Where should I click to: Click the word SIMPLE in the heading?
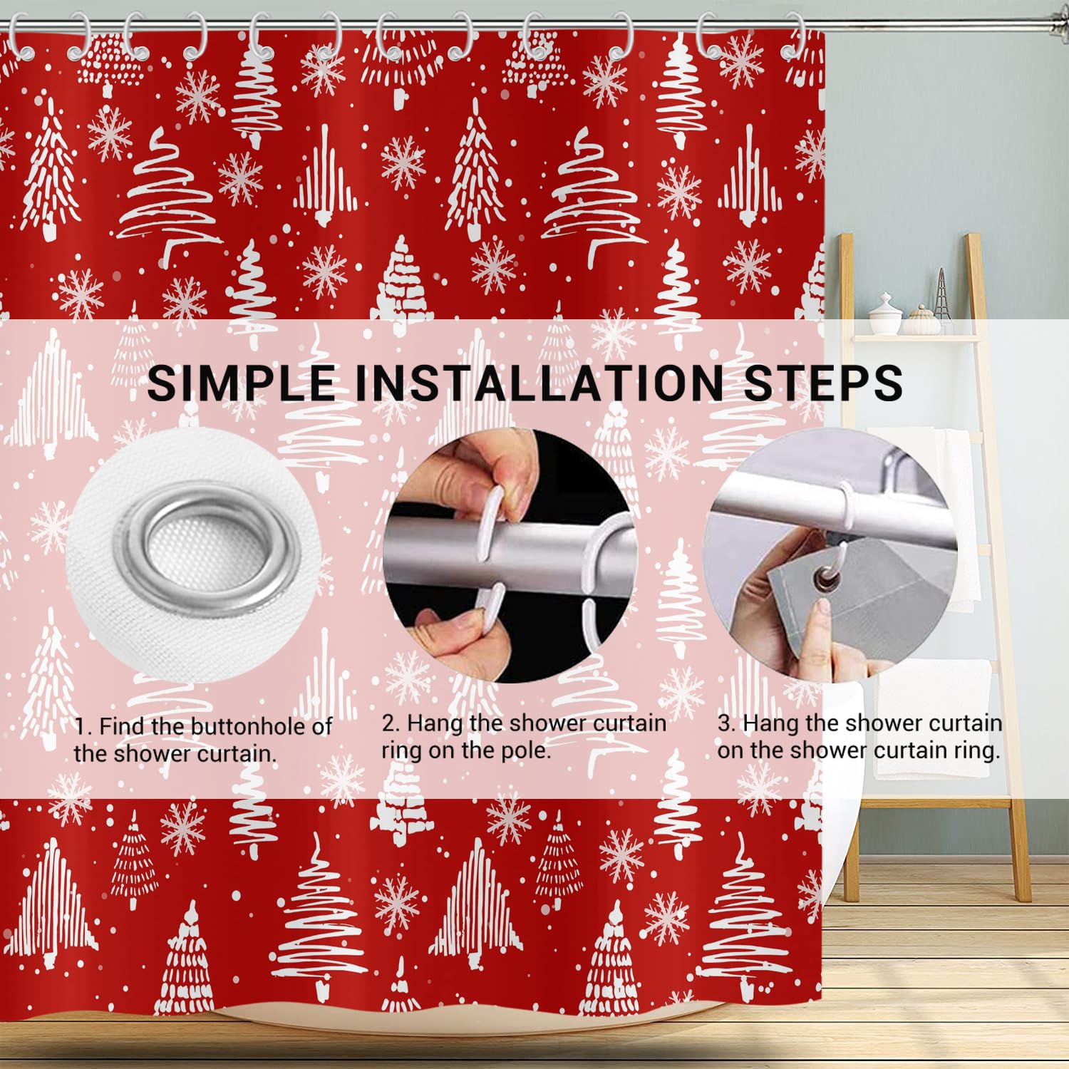tap(240, 383)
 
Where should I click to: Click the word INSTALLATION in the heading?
tap(537, 383)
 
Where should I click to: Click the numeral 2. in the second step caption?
tap(391, 723)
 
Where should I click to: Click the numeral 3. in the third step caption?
tap(726, 723)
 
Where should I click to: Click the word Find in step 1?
tap(123, 726)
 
